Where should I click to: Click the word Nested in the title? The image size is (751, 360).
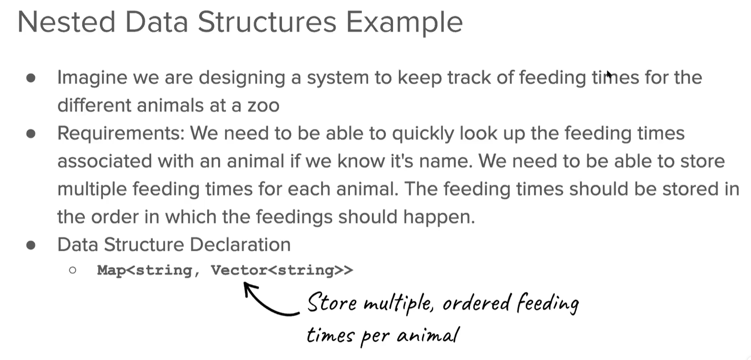pos(67,22)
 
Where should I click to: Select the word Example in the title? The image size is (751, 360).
pos(404,24)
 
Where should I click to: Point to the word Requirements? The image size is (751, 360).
pos(121,134)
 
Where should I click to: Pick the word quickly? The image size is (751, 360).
pos(423,134)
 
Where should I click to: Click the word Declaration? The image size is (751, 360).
pos(240,244)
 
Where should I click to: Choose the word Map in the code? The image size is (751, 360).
pos(112,270)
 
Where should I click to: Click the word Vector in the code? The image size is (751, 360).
pos(239,270)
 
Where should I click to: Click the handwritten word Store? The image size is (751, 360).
pos(332,303)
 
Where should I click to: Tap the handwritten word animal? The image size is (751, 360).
pos(427,335)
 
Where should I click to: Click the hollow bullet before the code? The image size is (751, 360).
pos(72,270)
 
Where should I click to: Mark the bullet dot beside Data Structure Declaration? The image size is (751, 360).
pos(31,245)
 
